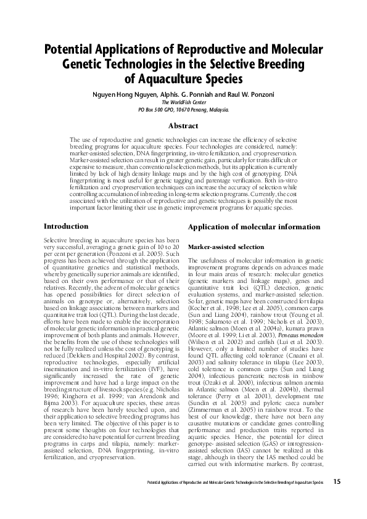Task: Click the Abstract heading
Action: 183,125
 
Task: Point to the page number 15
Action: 336,481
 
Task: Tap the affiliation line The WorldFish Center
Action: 183,102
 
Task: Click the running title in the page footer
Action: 231,481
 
